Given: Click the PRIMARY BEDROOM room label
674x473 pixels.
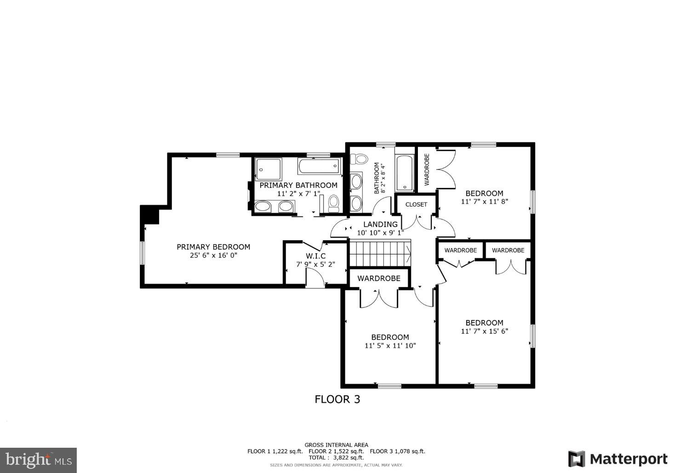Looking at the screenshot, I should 213,247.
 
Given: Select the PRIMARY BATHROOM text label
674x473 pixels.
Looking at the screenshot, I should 298,185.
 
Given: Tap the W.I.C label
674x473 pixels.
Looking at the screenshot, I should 315,256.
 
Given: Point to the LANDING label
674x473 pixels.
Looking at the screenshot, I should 380,225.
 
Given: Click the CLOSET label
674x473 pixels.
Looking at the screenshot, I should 416,204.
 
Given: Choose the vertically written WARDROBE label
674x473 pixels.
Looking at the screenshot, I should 427,170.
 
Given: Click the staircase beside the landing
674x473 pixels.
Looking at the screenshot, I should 380,254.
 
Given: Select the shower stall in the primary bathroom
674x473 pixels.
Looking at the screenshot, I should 268,169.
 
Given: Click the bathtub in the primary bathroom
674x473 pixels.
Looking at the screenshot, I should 320,166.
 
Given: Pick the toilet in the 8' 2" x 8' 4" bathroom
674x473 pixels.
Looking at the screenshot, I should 360,159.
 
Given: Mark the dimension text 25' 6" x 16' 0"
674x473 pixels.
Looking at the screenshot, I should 213,255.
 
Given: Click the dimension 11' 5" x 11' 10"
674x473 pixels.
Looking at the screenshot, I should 390,346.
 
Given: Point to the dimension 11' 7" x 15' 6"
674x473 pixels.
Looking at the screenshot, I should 484,331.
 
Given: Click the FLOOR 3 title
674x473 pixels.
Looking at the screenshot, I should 337,400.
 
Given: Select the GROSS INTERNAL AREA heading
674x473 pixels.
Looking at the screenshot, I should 336,445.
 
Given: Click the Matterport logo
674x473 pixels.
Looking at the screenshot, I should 618,459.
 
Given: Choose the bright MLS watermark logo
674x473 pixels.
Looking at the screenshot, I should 38,459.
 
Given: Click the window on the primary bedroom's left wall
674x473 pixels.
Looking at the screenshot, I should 143,253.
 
